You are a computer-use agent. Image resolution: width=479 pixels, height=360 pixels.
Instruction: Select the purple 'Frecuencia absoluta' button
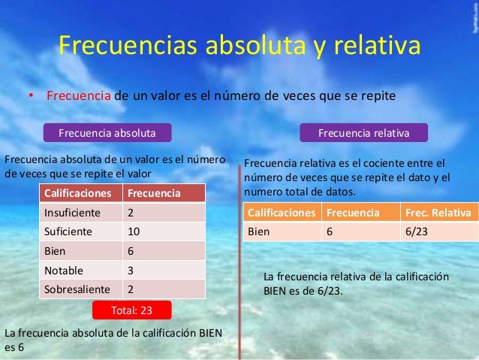click(x=107, y=133)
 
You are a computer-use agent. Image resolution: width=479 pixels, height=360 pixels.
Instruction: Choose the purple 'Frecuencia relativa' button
click(x=364, y=133)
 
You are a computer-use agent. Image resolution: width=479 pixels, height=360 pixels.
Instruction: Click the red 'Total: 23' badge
click(x=131, y=309)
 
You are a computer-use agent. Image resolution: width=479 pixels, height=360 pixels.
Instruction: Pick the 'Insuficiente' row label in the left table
click(x=74, y=213)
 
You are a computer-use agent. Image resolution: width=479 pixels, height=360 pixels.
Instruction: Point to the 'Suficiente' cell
click(x=70, y=231)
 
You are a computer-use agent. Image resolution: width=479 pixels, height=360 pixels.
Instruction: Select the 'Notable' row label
click(x=65, y=270)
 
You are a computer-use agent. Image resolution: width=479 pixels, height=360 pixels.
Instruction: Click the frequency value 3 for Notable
click(x=131, y=270)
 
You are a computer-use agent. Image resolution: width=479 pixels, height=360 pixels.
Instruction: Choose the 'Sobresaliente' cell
click(x=77, y=289)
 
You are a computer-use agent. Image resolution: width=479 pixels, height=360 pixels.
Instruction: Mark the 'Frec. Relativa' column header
click(x=438, y=213)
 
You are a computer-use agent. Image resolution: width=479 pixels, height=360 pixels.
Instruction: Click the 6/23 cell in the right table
click(x=417, y=231)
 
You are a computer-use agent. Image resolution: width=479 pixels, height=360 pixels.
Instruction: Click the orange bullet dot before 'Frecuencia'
click(x=32, y=97)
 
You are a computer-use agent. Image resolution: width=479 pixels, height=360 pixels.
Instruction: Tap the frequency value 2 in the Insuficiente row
click(x=131, y=213)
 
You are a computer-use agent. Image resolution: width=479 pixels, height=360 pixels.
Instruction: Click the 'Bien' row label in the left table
click(x=56, y=251)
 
